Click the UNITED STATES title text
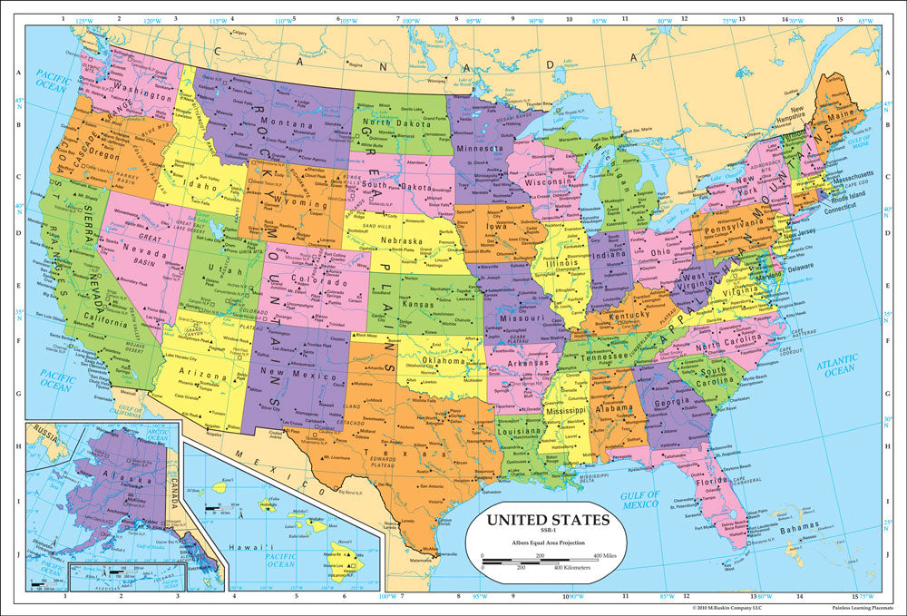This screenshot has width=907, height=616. [x=542, y=521]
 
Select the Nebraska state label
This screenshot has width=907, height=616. [x=402, y=241]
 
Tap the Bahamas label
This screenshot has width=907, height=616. [x=798, y=526]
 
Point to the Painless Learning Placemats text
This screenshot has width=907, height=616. [x=859, y=610]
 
